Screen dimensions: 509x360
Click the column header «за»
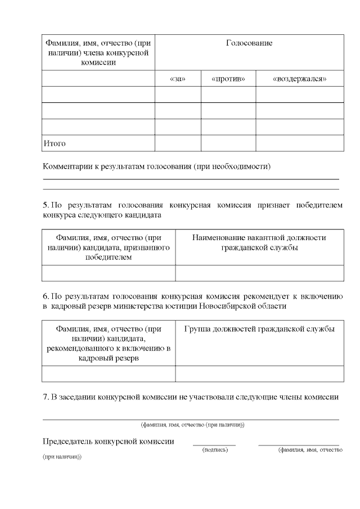[177, 79]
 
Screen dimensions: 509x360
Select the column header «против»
[228, 79]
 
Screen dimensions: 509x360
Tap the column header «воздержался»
[299, 79]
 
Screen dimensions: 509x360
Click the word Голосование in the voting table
[249, 43]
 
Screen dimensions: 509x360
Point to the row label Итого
[55, 143]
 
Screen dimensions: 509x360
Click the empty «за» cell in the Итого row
[177, 143]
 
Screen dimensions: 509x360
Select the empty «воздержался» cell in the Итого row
[299, 143]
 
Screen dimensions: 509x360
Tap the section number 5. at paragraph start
[46, 205]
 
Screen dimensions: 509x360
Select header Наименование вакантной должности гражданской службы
[259, 242]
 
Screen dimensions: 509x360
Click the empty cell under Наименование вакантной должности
[259, 273]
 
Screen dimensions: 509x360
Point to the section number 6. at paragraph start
[46, 296]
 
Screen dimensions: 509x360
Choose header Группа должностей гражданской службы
[259, 329]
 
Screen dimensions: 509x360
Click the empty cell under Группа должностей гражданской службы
[259, 373]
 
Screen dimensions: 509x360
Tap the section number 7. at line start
[46, 397]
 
